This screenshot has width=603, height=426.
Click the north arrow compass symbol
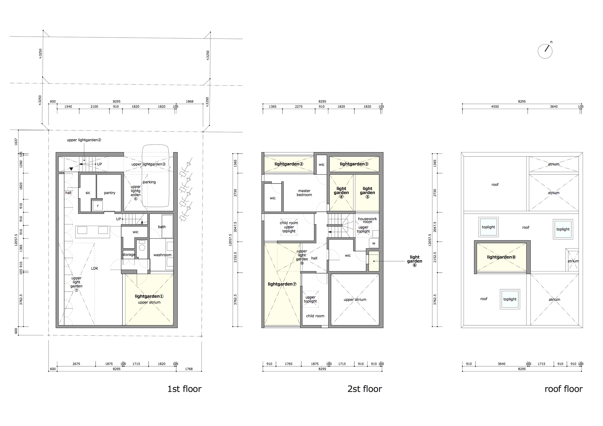click(x=545, y=51)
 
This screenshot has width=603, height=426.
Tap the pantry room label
click(x=109, y=193)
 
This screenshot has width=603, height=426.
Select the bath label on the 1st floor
click(x=162, y=227)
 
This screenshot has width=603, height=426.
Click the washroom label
click(x=162, y=255)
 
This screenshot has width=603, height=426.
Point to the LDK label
click(x=95, y=268)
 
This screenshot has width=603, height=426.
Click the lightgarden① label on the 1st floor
click(x=149, y=296)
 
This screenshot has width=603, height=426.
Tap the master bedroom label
click(x=304, y=193)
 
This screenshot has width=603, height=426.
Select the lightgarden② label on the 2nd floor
click(x=289, y=164)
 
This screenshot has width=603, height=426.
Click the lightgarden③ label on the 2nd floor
click(x=354, y=164)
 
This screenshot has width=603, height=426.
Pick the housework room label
click(x=367, y=220)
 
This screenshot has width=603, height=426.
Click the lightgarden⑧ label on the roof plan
click(x=501, y=257)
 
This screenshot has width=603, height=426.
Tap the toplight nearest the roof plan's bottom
click(x=510, y=299)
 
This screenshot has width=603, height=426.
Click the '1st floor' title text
click(x=184, y=389)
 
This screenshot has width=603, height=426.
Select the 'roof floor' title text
click(x=563, y=389)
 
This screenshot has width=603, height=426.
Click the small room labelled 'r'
click(x=98, y=206)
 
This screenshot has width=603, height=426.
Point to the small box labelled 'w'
click(x=374, y=243)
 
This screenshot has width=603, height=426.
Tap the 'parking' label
click(x=149, y=182)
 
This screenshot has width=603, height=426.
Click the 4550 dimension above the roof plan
click(x=495, y=107)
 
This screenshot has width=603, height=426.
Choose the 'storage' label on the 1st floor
click(x=129, y=255)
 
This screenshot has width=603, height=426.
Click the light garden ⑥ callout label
click(x=415, y=261)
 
